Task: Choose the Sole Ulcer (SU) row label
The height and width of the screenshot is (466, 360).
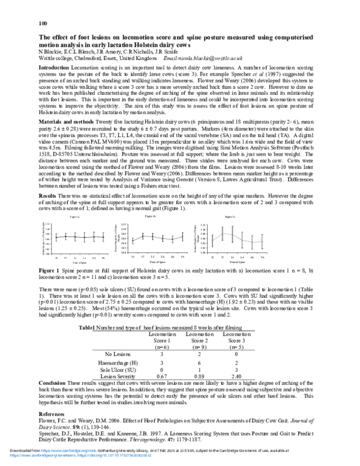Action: coord(119,371)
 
